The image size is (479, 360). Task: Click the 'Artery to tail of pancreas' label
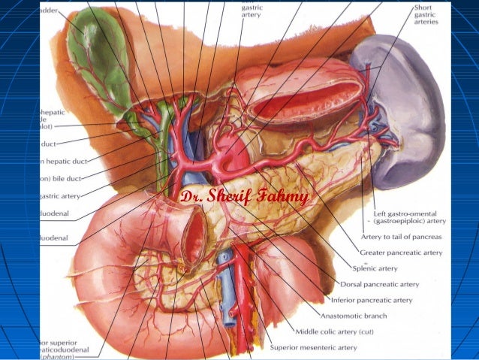pos(402,237)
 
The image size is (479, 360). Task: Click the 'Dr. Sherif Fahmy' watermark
pos(245,198)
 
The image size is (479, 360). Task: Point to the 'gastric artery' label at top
pos(252,11)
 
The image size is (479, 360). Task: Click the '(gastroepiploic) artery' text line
pos(409,222)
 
